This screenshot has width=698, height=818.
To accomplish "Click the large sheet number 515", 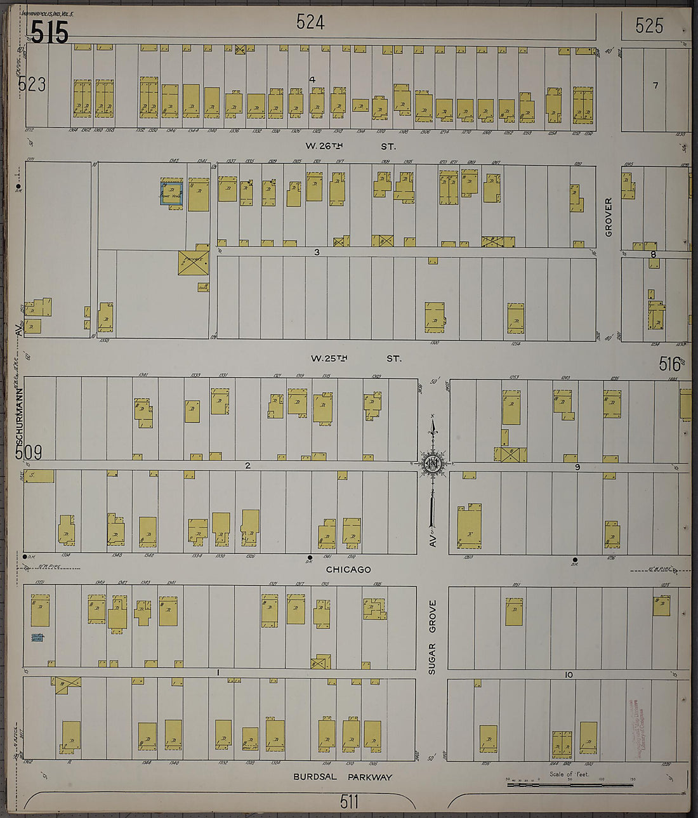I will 49,32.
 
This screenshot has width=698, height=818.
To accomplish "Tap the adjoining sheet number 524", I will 310,23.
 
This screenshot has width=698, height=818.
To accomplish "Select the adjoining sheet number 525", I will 649,25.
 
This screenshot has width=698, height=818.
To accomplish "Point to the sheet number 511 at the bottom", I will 348,802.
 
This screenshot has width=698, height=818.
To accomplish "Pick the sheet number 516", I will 669,364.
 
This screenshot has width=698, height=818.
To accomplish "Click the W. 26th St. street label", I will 350,146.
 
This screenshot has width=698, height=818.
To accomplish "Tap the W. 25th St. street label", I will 355,359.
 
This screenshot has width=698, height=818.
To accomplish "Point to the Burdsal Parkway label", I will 343,777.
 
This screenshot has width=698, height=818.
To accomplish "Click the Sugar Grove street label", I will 433,637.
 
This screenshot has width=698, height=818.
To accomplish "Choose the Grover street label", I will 609,217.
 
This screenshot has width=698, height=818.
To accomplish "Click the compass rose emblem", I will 432,464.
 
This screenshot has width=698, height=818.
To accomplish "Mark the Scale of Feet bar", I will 569,784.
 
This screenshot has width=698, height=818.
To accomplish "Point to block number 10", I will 569,675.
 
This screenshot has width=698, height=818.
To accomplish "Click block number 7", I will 655,85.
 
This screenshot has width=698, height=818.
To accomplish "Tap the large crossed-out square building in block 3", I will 194,262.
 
